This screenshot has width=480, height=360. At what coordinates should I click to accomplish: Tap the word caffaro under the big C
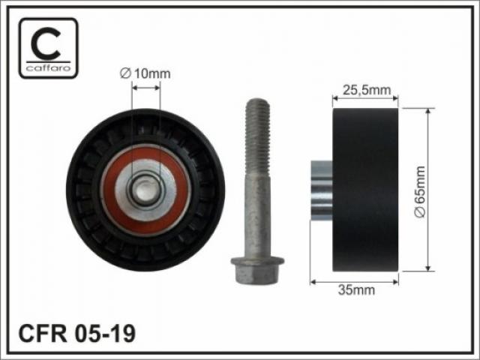pos(48,68)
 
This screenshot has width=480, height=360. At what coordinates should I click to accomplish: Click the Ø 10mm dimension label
pos(145,73)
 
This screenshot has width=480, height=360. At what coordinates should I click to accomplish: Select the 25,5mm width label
pos(367,90)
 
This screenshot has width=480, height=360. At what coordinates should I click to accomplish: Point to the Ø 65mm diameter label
pos(419,192)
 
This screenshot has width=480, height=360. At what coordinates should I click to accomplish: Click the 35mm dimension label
pos(356,289)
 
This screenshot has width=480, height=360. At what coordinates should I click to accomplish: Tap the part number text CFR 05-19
pos(76,334)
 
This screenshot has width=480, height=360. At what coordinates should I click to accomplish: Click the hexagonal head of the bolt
pos(257,270)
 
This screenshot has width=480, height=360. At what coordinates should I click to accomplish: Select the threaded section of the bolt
pos(257,137)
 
